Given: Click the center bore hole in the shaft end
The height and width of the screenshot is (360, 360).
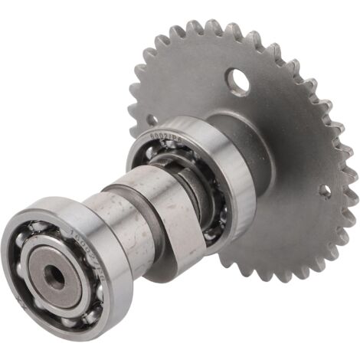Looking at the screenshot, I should (54, 277).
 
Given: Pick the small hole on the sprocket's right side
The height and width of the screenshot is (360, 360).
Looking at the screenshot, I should (326, 192).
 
